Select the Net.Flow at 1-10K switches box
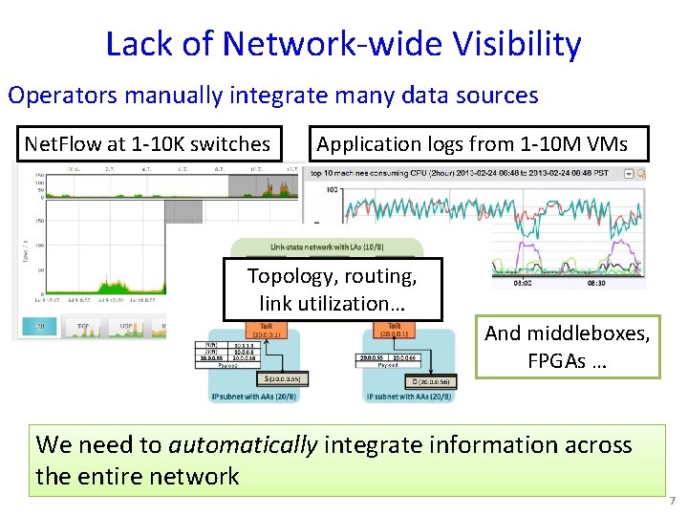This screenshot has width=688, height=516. pyautogui.click(x=147, y=144)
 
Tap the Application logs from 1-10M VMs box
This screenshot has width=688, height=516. pyautogui.click(x=472, y=144)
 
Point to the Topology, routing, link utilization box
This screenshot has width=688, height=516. pyautogui.click(x=333, y=290)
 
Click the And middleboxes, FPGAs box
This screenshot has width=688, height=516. pyautogui.click(x=568, y=346)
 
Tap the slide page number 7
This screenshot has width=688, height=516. pyautogui.click(x=673, y=500)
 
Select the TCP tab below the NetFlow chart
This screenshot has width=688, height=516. pyautogui.click(x=83, y=327)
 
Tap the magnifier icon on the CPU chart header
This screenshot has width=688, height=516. pyautogui.click(x=641, y=174)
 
